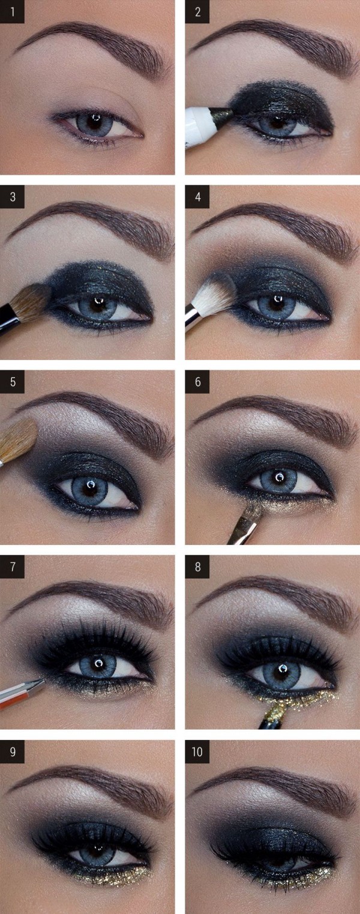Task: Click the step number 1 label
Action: pyautogui.click(x=12, y=11)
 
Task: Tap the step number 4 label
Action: pyautogui.click(x=197, y=196)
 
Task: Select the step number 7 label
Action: pyautogui.click(x=12, y=567)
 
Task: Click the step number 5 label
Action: pyautogui.click(x=12, y=381)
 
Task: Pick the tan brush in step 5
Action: pyautogui.click(x=17, y=441)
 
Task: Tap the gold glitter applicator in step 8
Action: pyautogui.click(x=275, y=712)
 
